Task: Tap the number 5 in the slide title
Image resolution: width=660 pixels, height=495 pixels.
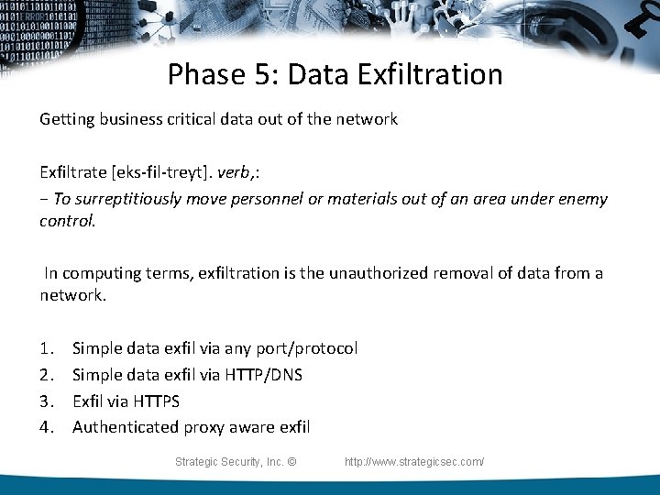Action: click(265, 74)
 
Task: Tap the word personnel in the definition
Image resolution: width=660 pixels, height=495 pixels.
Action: click(289, 199)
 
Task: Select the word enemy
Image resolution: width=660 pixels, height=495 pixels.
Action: click(582, 199)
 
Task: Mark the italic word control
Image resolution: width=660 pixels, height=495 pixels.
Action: click(67, 222)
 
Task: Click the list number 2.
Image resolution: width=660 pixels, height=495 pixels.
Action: click(46, 375)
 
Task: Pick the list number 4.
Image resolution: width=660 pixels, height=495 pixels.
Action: click(46, 427)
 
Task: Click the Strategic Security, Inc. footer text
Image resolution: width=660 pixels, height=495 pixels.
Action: click(235, 462)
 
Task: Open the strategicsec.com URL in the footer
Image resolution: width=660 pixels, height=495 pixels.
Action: click(413, 462)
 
